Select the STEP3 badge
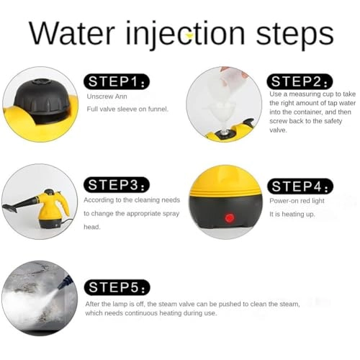click(x=117, y=184)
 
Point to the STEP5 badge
click(x=119, y=287)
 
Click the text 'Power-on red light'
click(x=297, y=201)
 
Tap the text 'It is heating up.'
click(x=292, y=215)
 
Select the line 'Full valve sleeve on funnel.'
click(x=127, y=109)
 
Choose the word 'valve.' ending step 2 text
click(x=279, y=130)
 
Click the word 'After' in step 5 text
click(x=94, y=303)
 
